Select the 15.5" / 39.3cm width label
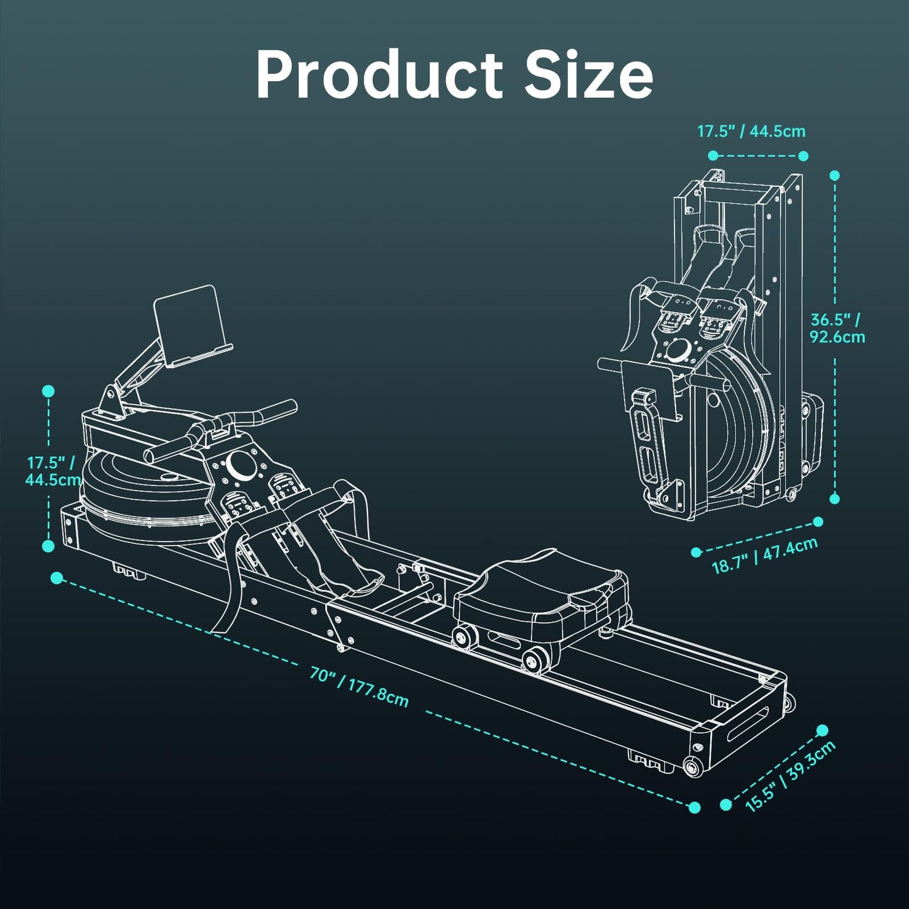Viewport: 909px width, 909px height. pos(791,776)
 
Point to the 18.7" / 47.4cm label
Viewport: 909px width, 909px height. pos(764,555)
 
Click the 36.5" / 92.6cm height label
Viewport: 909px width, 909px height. pos(837,328)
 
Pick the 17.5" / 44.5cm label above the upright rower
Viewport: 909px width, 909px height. pos(751,131)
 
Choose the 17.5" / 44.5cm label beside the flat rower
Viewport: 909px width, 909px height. pos(52,471)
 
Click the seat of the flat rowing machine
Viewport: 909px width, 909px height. pos(538,585)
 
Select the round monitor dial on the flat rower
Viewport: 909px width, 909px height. pos(240,464)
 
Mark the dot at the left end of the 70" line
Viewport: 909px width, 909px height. pos(57,577)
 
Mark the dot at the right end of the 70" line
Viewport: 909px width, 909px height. pos(694,807)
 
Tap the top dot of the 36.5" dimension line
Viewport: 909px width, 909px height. pos(835,176)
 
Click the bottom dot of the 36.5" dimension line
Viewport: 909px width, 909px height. pos(835,498)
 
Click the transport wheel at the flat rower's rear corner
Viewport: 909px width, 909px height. pos(693,766)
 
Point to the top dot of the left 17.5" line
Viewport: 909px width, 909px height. pos(48,391)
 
